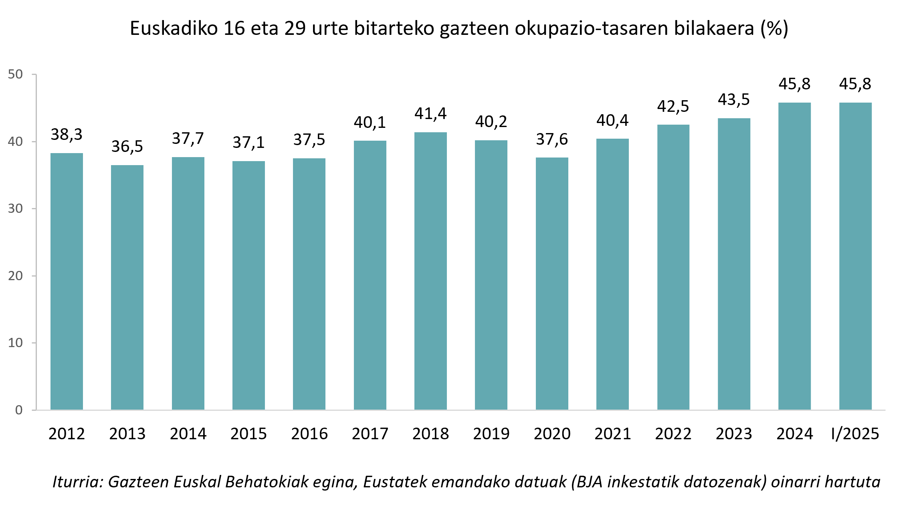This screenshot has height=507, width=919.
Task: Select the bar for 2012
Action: [x=67, y=281]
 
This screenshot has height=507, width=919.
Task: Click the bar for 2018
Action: [x=430, y=271]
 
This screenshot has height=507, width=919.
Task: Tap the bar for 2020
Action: [x=552, y=283]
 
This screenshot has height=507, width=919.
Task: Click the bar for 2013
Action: [x=127, y=287]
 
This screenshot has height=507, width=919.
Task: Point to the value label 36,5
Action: [x=127, y=146]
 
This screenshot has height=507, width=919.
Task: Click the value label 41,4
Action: [x=430, y=113]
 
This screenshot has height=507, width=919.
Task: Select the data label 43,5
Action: [x=733, y=99]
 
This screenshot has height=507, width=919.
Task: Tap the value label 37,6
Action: [x=552, y=139]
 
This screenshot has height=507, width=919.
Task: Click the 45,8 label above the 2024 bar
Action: [x=794, y=84]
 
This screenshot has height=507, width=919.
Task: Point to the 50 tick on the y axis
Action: [x=15, y=74]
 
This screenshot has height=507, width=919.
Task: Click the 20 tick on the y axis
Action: [x=15, y=276]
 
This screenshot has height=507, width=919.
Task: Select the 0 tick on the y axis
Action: [x=18, y=410]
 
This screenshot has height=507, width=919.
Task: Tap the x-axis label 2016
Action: [x=309, y=434]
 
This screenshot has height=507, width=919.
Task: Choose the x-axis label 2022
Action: [x=673, y=434]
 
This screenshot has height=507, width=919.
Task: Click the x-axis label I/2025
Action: [x=855, y=434]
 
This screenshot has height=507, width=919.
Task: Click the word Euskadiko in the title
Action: [x=174, y=28]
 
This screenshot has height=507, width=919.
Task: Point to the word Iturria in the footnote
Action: [x=77, y=481]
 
